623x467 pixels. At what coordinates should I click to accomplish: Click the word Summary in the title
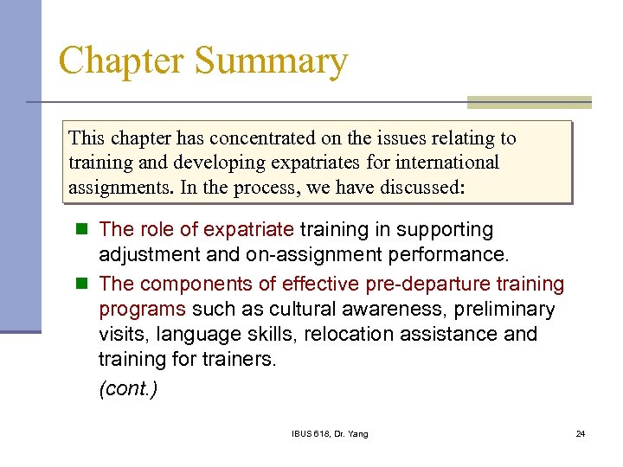271,62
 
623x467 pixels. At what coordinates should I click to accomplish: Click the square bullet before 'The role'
82,230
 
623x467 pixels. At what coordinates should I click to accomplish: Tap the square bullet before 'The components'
82,284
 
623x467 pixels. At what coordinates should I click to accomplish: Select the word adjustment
148,255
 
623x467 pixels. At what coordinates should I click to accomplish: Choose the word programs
142,309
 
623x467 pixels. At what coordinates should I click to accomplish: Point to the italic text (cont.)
128,389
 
